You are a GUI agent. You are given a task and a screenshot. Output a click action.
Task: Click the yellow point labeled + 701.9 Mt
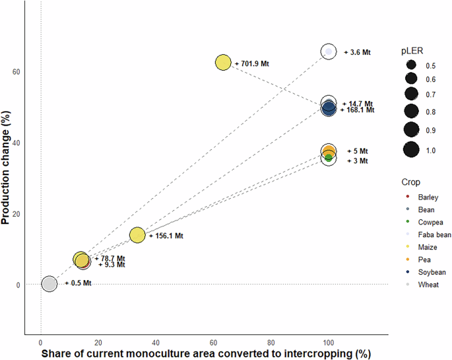(x=223, y=62)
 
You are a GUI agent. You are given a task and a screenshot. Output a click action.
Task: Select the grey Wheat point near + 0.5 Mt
(x=49, y=283)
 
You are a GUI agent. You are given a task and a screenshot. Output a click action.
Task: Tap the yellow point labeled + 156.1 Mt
(x=137, y=235)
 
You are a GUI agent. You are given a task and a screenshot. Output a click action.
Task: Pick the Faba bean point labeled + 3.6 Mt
(x=329, y=51)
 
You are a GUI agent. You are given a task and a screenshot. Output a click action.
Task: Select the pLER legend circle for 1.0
(x=411, y=150)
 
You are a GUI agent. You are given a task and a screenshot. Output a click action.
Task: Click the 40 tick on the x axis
(x=156, y=343)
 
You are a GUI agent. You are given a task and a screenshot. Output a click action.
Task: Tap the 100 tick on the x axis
(x=329, y=343)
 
